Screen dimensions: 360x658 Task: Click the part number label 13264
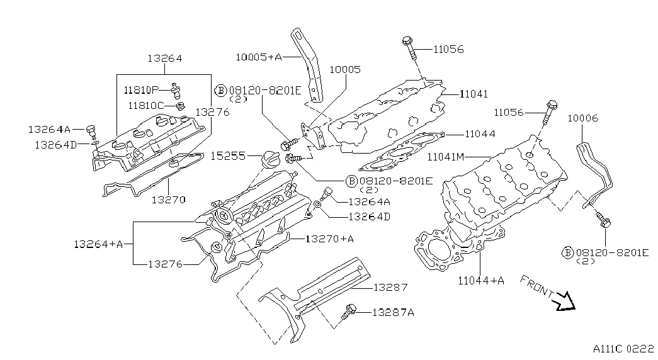pyautogui.click(x=165, y=59)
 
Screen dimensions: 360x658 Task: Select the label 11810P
pyautogui.click(x=141, y=89)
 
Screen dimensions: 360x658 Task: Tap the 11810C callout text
pyautogui.click(x=145, y=105)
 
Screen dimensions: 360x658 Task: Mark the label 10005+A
pyautogui.click(x=259, y=57)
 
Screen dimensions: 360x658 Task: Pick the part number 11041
pyautogui.click(x=474, y=93)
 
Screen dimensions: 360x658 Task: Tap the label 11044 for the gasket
pyautogui.click(x=480, y=134)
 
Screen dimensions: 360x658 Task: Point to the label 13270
pyautogui.click(x=168, y=200)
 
